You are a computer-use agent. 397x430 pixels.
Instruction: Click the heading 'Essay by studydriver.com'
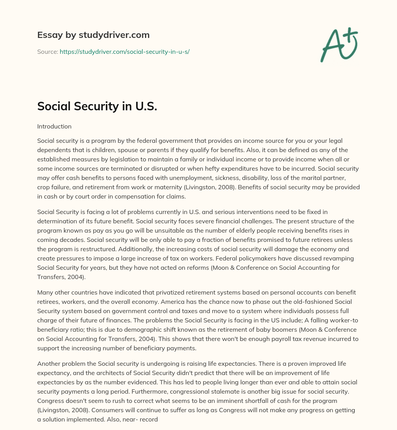[x=93, y=35]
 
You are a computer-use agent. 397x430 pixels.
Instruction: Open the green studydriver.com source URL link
[x=124, y=51]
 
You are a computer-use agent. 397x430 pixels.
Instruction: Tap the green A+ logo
[x=339, y=45]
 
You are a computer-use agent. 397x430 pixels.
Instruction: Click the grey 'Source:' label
[x=48, y=51]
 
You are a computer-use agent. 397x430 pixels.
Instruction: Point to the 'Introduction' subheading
[x=54, y=126]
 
